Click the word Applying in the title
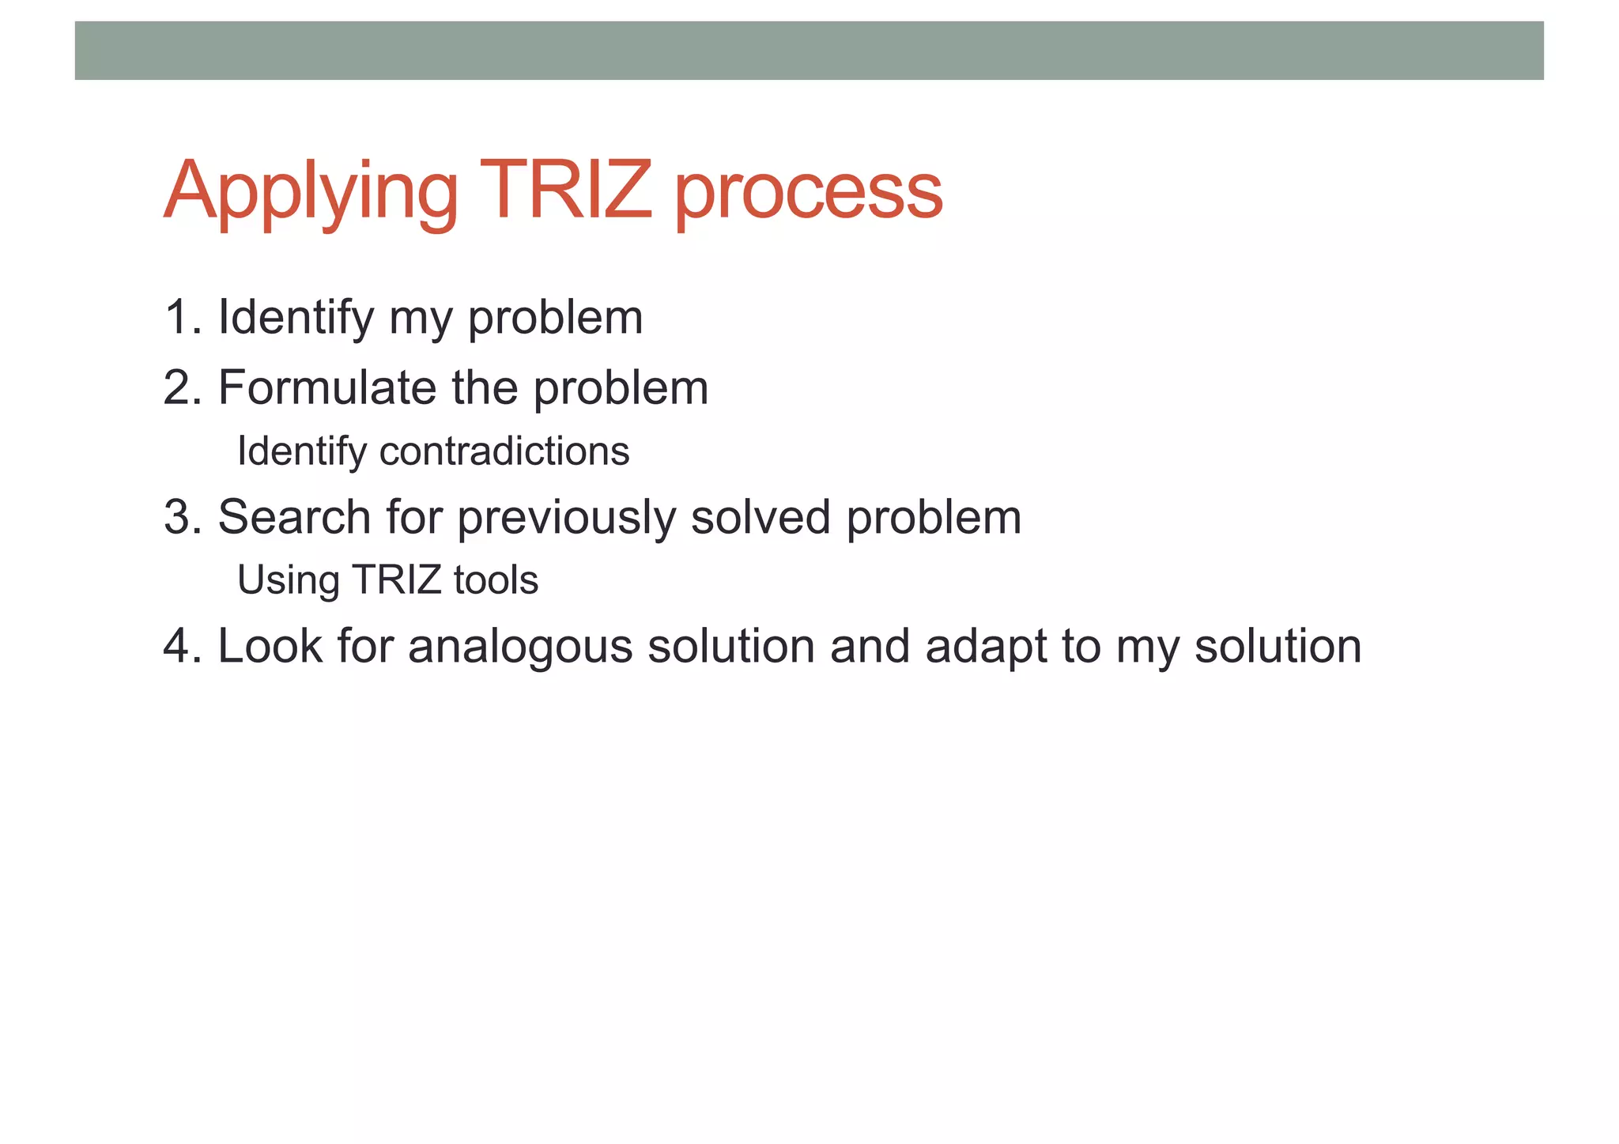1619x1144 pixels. click(x=310, y=192)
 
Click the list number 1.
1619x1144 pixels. click(x=178, y=317)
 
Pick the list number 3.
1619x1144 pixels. click(x=178, y=517)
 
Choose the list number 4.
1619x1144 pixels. click(x=178, y=646)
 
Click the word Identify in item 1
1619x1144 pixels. click(x=296, y=318)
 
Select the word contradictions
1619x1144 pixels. click(x=504, y=451)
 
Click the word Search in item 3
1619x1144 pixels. click(x=294, y=517)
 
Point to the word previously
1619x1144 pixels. click(x=566, y=519)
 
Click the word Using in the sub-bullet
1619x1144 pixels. click(x=289, y=581)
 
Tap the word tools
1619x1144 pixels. click(x=496, y=580)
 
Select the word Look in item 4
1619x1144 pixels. click(x=270, y=646)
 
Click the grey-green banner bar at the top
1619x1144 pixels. click(x=809, y=51)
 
